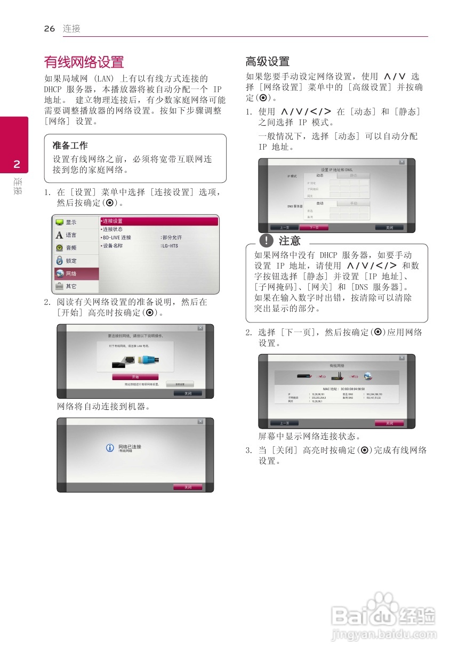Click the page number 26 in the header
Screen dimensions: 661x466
[x=50, y=29]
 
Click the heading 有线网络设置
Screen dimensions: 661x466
[x=84, y=62]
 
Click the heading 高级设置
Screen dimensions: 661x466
[x=267, y=61]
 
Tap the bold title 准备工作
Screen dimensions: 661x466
[x=70, y=146]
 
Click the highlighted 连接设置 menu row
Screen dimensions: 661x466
[x=159, y=221]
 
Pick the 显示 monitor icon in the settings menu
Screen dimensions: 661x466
[x=60, y=222]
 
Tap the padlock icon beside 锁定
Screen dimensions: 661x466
[x=60, y=261]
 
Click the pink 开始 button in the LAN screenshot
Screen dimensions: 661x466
[x=135, y=377]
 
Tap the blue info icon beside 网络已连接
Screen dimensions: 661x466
[x=110, y=448]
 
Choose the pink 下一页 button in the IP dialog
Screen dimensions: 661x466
[x=314, y=228]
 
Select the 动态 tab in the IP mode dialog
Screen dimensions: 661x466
[x=319, y=175]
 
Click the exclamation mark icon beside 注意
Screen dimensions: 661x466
[x=266, y=241]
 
